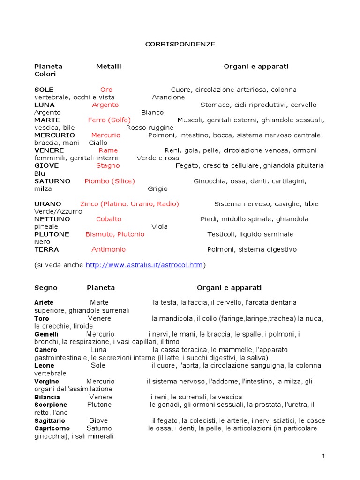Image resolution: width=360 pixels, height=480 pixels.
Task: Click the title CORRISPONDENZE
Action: point(180,44)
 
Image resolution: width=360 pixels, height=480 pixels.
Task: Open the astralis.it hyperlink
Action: point(144,265)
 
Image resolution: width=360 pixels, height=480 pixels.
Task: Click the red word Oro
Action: point(106,90)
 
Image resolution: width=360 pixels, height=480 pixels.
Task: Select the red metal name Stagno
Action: point(108,165)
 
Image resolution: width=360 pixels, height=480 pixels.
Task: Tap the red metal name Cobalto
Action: point(108,219)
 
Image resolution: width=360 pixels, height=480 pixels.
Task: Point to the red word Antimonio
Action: point(108,249)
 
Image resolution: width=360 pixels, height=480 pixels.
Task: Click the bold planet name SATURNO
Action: point(52,181)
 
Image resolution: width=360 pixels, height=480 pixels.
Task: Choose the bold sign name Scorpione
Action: point(51,405)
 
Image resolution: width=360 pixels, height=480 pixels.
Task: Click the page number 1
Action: point(323,456)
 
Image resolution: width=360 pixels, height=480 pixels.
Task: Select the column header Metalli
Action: point(109,67)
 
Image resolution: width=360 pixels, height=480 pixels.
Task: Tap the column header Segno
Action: point(45,287)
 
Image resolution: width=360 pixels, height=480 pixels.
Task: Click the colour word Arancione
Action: point(168,97)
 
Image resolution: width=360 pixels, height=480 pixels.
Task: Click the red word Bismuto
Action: point(99,234)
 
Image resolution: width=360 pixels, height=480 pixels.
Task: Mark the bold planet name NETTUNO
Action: point(52,219)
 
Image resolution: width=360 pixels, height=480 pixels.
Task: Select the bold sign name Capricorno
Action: point(52,428)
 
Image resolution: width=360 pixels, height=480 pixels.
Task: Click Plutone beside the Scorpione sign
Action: point(99,405)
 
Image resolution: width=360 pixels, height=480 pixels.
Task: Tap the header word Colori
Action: point(45,74)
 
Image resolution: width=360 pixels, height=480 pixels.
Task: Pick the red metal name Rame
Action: point(108,150)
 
